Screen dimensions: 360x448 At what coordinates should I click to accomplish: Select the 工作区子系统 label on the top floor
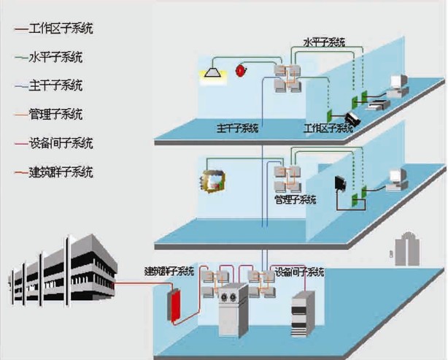(x=328, y=129)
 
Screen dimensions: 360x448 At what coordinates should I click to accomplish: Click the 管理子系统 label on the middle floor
(x=295, y=199)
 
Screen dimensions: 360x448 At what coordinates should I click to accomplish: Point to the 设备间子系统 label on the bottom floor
(x=299, y=272)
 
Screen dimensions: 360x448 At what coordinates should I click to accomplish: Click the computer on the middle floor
(x=397, y=179)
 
